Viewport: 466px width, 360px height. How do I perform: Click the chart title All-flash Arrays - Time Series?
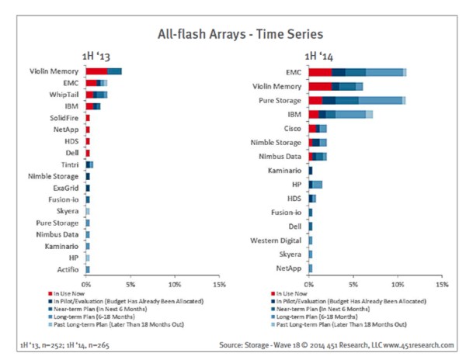pyautogui.click(x=232, y=33)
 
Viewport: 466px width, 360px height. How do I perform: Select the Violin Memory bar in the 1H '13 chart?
pyautogui.click(x=103, y=71)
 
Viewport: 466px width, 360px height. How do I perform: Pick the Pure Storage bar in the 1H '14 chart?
pyautogui.click(x=356, y=100)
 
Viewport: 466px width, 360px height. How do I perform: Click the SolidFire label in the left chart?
pyautogui.click(x=64, y=117)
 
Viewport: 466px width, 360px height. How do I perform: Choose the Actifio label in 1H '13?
pyautogui.click(x=68, y=269)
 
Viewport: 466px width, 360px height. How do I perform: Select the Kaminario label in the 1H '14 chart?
pyautogui.click(x=286, y=170)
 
